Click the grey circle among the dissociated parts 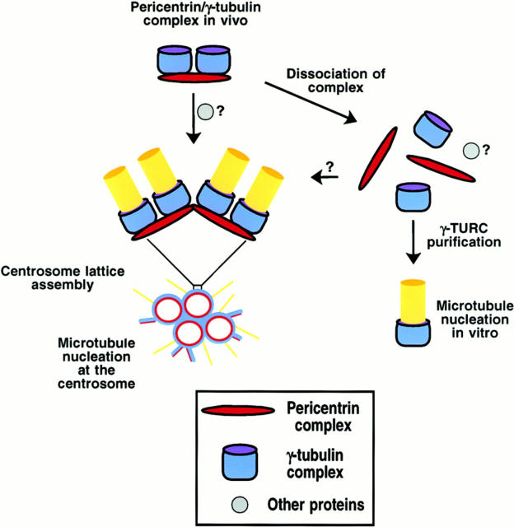click(x=471, y=151)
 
